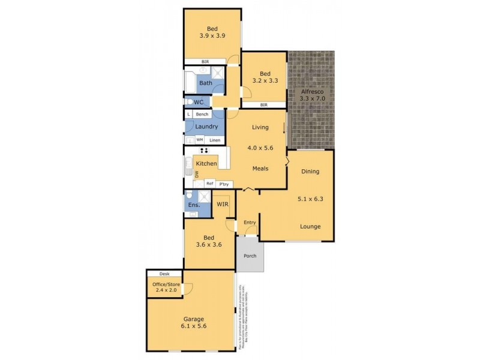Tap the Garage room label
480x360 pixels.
[190, 319]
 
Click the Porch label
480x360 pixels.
[249, 256]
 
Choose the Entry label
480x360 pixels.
[250, 223]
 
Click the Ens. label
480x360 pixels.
[193, 205]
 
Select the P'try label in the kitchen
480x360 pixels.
[224, 184]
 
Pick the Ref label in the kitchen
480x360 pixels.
[210, 184]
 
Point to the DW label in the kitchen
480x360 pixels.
[196, 174]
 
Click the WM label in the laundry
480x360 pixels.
[199, 140]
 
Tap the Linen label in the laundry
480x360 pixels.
[215, 140]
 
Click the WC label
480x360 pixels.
[199, 103]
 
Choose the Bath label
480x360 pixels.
[205, 83]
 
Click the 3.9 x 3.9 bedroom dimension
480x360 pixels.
[212, 36]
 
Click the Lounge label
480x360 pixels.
[310, 226]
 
